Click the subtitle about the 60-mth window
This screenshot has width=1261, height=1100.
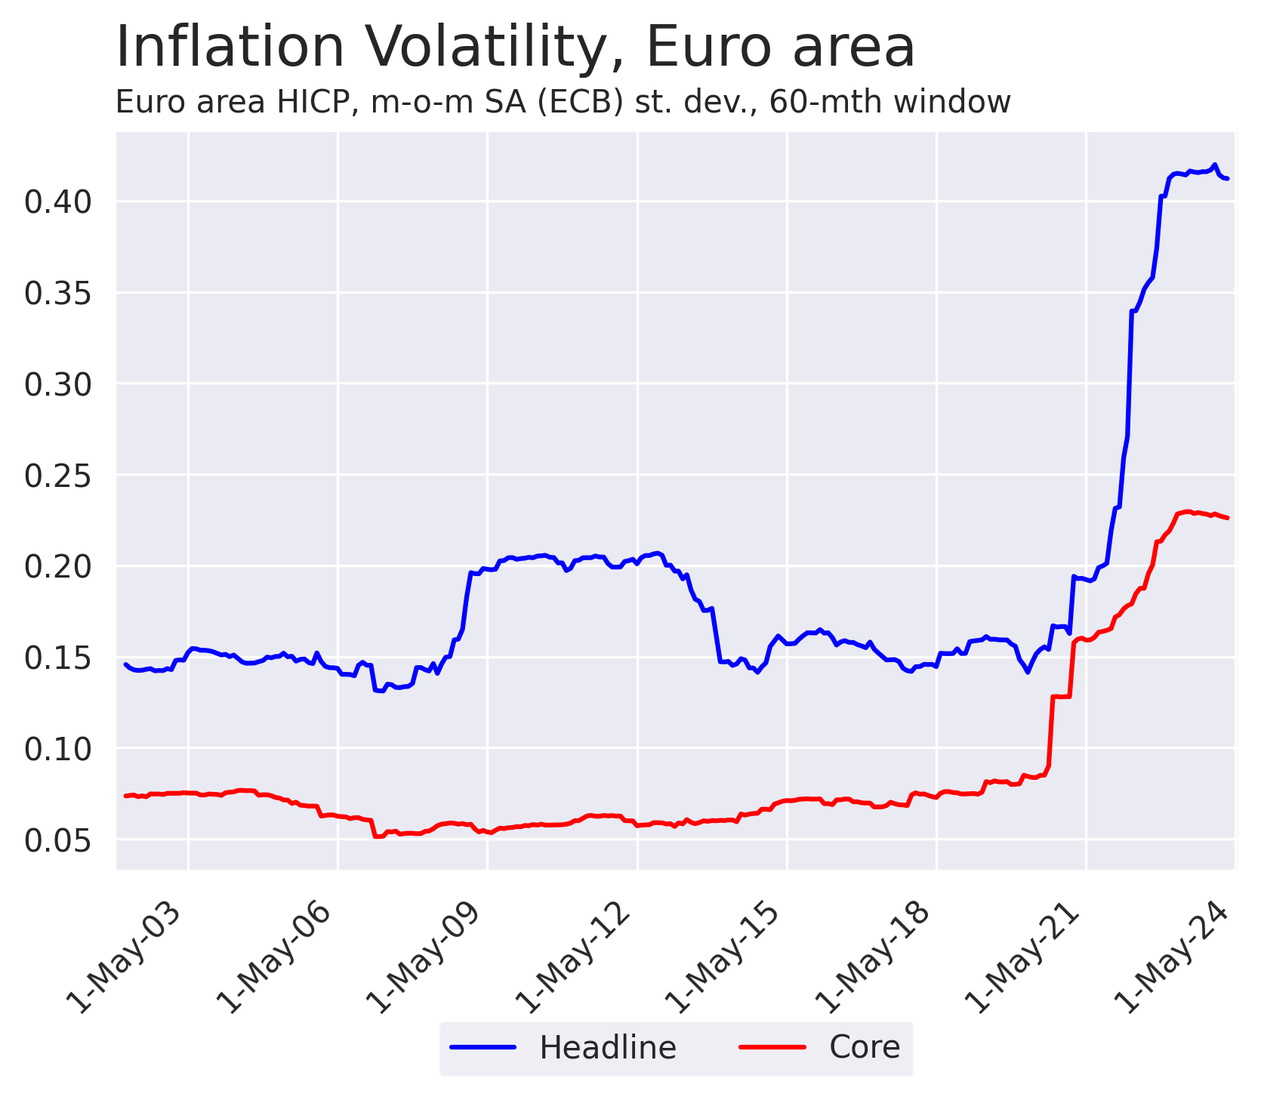(563, 102)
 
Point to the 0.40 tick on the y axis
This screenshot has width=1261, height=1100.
(58, 202)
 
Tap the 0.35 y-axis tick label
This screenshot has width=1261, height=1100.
(58, 293)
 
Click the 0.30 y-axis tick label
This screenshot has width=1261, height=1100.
(58, 384)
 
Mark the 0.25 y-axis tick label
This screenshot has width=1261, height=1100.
(58, 476)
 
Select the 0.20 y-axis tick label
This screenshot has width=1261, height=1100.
(58, 566)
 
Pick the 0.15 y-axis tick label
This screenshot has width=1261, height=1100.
(58, 658)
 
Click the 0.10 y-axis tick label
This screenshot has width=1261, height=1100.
(58, 749)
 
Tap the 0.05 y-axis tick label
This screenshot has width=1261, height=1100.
(58, 840)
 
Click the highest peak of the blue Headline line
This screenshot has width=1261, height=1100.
(1213, 165)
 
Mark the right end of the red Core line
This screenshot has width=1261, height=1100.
(1228, 518)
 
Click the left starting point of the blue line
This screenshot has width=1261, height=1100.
(125, 664)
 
